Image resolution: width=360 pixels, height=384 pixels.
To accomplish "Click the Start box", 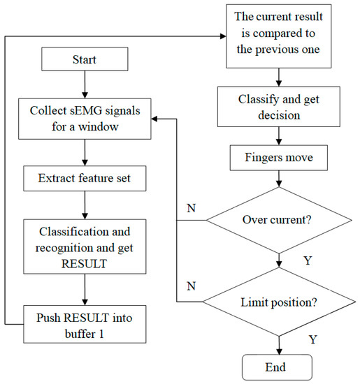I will pyautogui.click(x=84, y=59).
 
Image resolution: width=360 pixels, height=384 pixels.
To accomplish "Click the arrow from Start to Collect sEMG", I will pyautogui.click(x=84, y=84).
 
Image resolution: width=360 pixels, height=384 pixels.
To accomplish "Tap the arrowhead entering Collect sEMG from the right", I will pyautogui.click(x=157, y=119).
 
